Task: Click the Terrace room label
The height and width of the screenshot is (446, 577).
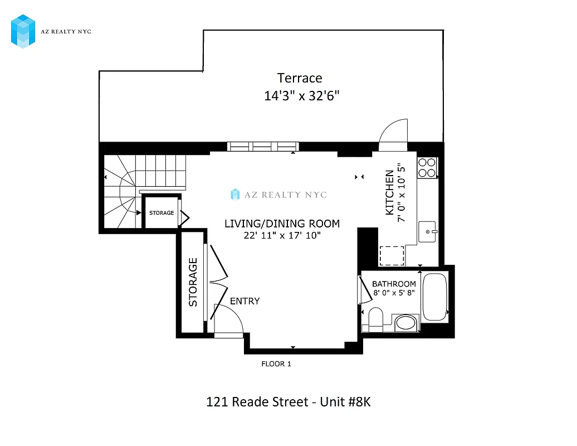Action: [x=300, y=78]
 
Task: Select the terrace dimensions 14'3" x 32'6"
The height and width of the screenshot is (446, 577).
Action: [x=301, y=96]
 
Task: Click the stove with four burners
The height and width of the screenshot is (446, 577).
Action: [x=427, y=167]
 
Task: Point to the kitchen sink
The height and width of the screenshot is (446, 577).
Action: [x=428, y=230]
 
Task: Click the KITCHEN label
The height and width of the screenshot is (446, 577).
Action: [x=390, y=193]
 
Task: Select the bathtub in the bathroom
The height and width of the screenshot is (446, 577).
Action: [x=434, y=297]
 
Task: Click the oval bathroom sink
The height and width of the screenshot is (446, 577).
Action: [x=406, y=323]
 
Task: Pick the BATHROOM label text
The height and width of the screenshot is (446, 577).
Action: [x=394, y=284]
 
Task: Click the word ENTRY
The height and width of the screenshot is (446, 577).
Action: [x=245, y=301]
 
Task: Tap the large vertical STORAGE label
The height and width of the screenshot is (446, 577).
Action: [x=193, y=282]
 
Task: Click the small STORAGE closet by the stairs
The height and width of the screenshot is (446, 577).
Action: [x=161, y=212]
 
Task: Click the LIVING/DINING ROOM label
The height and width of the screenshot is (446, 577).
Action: [x=282, y=224]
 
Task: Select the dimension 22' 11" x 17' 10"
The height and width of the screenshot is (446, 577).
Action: [x=282, y=235]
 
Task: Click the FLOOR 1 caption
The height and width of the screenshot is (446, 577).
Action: [x=276, y=364]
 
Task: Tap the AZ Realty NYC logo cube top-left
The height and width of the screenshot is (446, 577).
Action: [x=23, y=31]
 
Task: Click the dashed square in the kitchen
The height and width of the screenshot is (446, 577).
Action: [x=392, y=256]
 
